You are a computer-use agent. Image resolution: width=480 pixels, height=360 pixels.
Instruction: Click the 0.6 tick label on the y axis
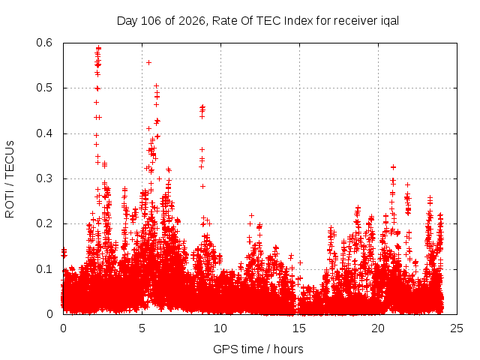tap(44, 43)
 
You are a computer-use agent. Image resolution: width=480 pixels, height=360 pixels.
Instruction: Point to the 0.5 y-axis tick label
tap(44, 88)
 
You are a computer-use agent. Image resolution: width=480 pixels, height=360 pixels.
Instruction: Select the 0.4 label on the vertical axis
tap(44, 133)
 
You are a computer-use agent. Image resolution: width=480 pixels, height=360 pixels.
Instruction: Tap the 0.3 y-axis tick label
tap(44, 178)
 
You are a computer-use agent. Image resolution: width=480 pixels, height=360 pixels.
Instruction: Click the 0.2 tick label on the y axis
tap(44, 223)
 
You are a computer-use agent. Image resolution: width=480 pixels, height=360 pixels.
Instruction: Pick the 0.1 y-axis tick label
tap(44, 269)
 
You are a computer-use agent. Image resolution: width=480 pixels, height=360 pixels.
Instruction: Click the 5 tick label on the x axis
tap(142, 328)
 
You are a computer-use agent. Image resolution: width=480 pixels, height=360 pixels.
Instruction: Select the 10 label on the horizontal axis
tap(220, 328)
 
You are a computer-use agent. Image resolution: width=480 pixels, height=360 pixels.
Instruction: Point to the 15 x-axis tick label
tap(299, 328)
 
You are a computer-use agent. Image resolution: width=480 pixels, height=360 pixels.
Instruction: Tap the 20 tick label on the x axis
tap(378, 328)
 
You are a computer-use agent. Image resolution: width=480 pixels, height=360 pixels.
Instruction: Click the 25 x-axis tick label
tap(457, 328)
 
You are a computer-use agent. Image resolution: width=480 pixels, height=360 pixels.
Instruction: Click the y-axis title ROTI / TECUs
tap(10, 179)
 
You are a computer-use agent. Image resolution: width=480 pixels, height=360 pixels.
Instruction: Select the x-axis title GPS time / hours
tap(258, 349)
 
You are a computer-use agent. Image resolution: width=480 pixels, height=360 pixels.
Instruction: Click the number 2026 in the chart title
tap(192, 21)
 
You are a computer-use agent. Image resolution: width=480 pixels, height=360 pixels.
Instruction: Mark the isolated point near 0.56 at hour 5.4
tap(148, 62)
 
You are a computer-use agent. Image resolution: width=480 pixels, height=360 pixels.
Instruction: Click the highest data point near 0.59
tap(98, 48)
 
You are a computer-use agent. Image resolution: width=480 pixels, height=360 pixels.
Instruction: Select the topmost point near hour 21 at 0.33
tap(393, 167)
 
